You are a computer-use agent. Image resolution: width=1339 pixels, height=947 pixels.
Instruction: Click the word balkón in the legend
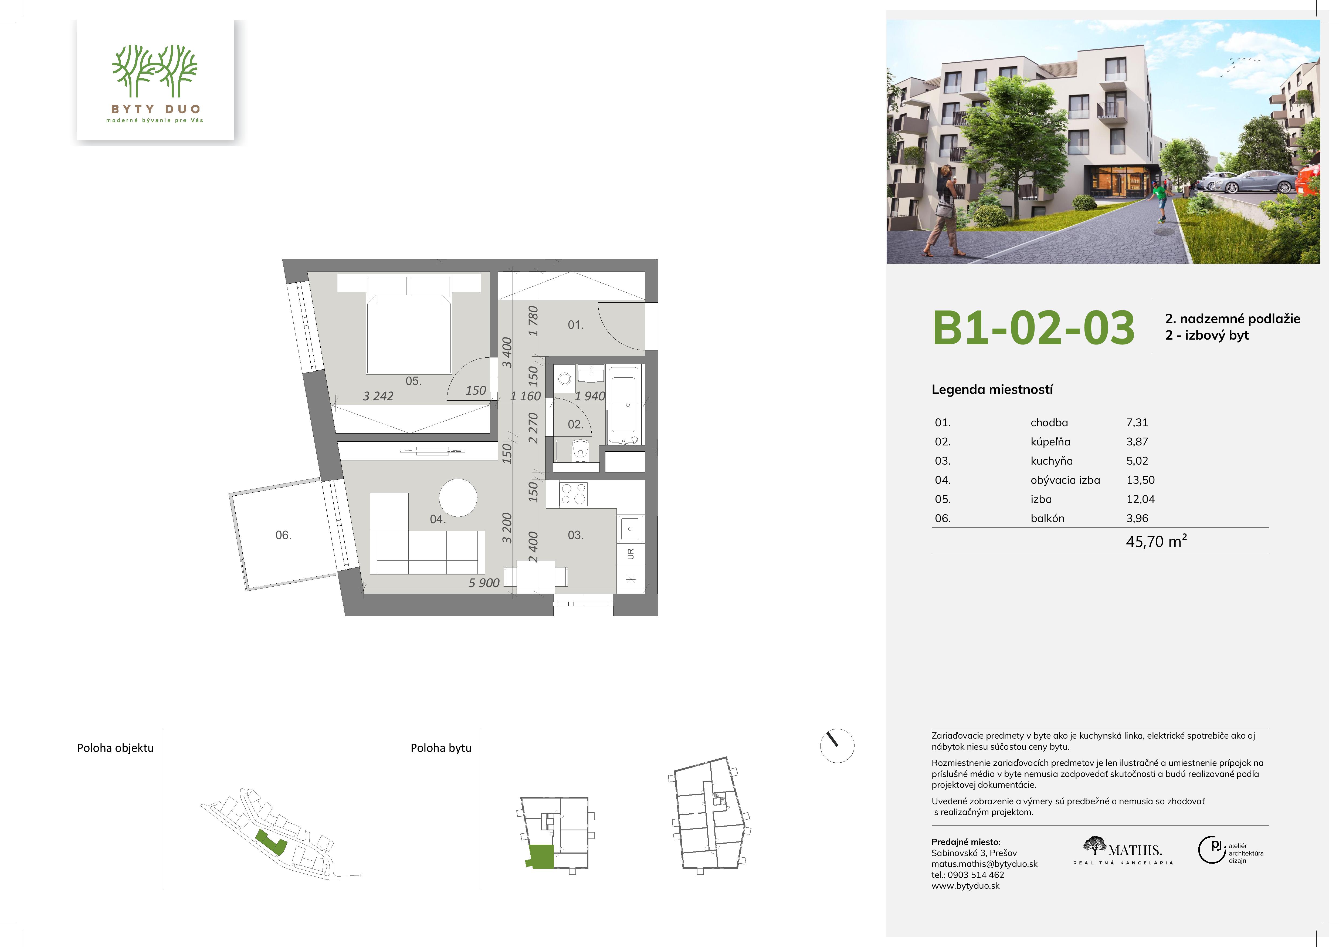[1048, 518]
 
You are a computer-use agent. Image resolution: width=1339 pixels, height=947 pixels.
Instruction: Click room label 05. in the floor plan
[413, 381]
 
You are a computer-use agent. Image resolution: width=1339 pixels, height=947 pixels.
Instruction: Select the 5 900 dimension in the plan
[484, 583]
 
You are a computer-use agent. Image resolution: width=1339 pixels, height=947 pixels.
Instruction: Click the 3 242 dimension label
[378, 396]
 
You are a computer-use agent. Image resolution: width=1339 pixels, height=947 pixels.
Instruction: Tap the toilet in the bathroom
[580, 451]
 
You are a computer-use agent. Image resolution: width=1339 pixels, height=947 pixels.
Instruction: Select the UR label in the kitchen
[630, 554]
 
